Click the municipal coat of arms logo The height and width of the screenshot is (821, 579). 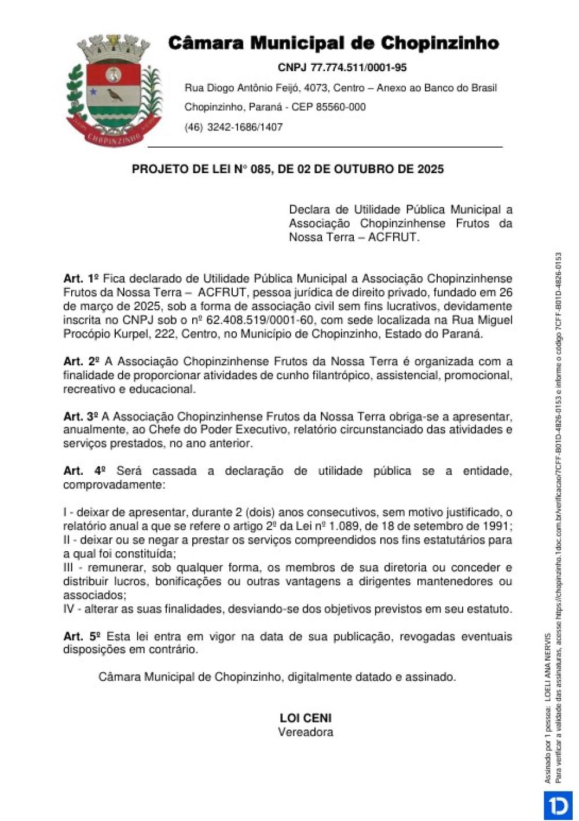[x=114, y=90]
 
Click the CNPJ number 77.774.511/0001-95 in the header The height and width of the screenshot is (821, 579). [x=358, y=68]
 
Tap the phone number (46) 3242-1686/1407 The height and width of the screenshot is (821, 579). [x=233, y=127]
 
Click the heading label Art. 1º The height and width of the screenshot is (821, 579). [x=81, y=278]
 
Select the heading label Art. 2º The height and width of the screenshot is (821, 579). [x=81, y=361]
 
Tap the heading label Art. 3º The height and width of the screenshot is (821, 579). [x=81, y=416]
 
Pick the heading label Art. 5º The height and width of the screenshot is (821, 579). [x=82, y=636]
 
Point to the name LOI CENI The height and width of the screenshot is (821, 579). [x=306, y=718]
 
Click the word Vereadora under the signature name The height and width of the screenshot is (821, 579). [x=306, y=732]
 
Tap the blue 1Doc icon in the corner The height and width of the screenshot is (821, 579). [x=558, y=805]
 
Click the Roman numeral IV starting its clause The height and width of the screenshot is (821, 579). [x=69, y=609]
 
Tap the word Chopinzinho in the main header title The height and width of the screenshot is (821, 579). [x=440, y=43]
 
